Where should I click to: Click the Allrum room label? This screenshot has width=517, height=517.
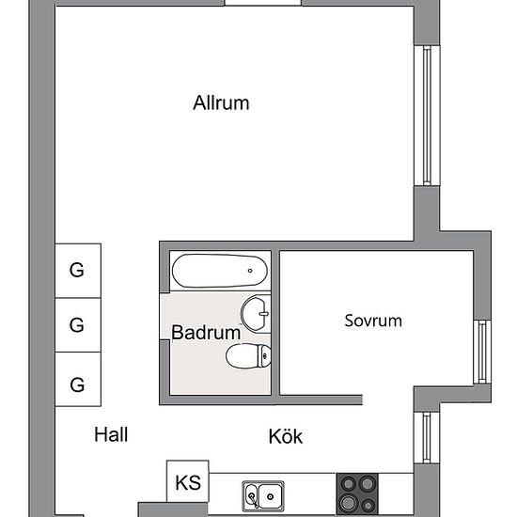[x=221, y=102]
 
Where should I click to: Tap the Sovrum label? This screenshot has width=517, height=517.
[x=373, y=321]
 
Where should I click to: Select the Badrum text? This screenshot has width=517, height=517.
[x=206, y=332]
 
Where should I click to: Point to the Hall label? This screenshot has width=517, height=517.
[x=111, y=434]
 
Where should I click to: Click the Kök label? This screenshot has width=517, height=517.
[x=286, y=436]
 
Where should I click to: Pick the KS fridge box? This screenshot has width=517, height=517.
[x=188, y=481]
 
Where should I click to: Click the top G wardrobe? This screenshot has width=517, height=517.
[x=78, y=271]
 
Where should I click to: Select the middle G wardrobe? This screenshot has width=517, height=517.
[x=78, y=325]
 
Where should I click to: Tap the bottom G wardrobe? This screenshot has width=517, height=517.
[x=78, y=379]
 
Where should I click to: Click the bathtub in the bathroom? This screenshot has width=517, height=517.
[x=220, y=271]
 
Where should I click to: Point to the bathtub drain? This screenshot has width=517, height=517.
[x=250, y=271]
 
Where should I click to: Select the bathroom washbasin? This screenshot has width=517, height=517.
[x=256, y=314]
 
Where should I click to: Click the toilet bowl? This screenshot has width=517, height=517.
[x=248, y=355]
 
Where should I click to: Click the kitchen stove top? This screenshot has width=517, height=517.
[x=357, y=494]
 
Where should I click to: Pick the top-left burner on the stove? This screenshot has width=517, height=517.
[x=348, y=484]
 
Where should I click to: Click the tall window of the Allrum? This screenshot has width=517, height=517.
[x=427, y=116]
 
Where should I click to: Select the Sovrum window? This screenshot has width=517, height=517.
[x=482, y=352]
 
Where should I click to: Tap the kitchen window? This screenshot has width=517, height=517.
[x=427, y=437]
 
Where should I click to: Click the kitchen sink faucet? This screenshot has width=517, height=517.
[x=253, y=499]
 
